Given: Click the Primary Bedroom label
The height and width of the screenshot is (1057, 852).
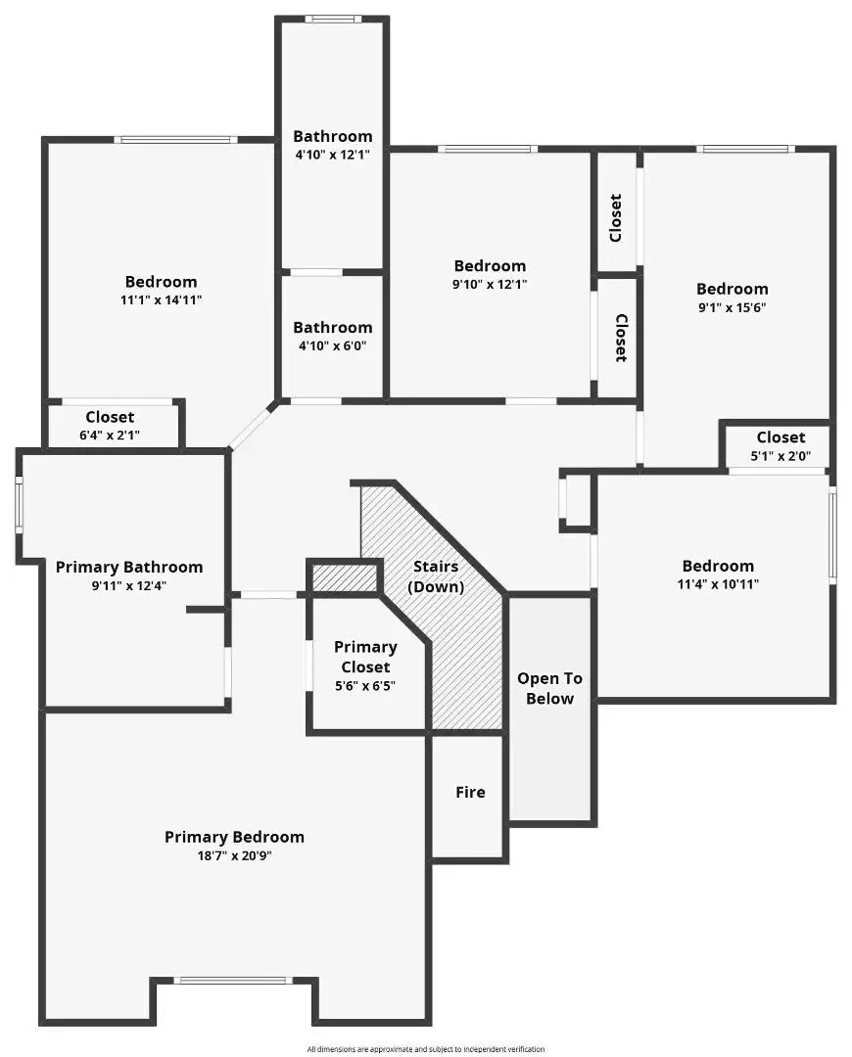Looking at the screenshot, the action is [x=234, y=837].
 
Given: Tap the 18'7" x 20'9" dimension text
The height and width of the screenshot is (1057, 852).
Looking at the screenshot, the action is [x=234, y=856].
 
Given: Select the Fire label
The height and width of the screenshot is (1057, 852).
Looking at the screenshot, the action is [x=470, y=792].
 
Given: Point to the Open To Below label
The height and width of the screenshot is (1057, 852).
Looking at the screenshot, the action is [x=549, y=688].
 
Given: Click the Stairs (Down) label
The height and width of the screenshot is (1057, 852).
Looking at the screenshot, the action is [x=436, y=576].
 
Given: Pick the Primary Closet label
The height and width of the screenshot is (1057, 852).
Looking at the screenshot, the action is [x=365, y=658].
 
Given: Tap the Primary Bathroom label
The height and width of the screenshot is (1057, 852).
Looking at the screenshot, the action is [x=129, y=568].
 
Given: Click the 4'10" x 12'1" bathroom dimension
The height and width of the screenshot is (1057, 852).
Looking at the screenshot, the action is [x=332, y=155].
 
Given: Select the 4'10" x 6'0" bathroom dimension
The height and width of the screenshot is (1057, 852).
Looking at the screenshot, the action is [x=332, y=345].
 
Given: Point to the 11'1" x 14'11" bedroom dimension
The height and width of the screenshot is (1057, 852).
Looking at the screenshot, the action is [x=162, y=300].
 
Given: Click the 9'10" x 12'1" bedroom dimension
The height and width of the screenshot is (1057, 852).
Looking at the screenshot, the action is [x=490, y=285].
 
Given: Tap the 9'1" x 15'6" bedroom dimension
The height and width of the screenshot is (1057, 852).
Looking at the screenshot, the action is [x=732, y=307].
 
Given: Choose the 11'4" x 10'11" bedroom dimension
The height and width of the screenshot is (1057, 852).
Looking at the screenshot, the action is [x=718, y=584].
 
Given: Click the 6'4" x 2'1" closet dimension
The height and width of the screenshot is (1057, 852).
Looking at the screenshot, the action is [x=110, y=436].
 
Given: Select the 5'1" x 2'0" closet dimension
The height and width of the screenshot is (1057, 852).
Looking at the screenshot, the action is [x=781, y=456].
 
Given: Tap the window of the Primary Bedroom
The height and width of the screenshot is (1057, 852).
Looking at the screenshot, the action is [x=233, y=980].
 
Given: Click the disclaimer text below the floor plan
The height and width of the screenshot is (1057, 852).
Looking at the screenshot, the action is [x=426, y=1049].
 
